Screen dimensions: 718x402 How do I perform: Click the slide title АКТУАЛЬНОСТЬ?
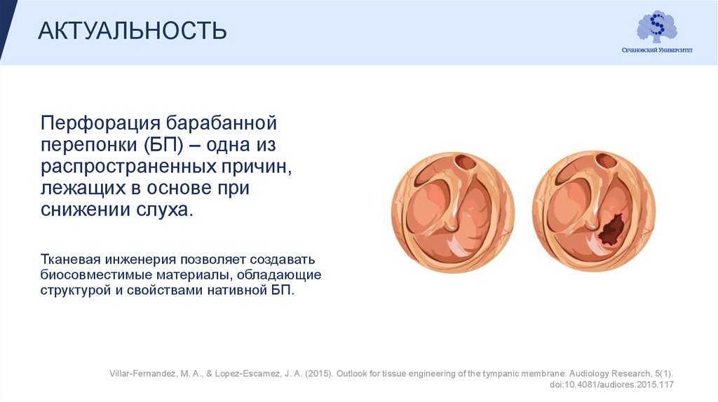pyautogui.click(x=133, y=31)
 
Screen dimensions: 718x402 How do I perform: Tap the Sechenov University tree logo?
pyautogui.click(x=657, y=27)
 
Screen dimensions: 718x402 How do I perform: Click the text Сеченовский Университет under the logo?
pyautogui.click(x=657, y=50)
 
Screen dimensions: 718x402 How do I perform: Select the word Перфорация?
pyautogui.click(x=101, y=124)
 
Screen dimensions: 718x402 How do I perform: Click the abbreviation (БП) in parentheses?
pyautogui.click(x=163, y=145)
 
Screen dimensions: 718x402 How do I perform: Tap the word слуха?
pyautogui.click(x=165, y=209)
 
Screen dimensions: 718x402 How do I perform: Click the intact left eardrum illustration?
pyautogui.click(x=453, y=213)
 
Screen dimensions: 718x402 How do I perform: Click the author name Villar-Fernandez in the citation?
pyautogui.click(x=142, y=374)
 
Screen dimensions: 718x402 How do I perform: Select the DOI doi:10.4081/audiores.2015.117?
pyautogui.click(x=611, y=384)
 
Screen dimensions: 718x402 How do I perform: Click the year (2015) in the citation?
pyautogui.click(x=319, y=374)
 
